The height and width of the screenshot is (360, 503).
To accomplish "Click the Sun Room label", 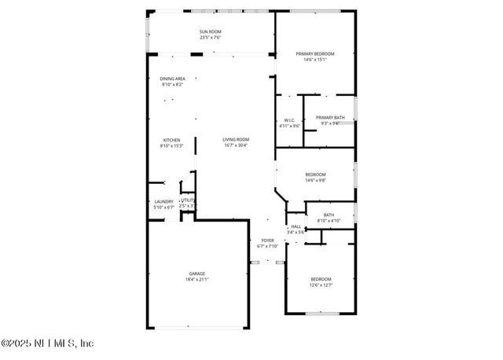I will [x=210, y=31].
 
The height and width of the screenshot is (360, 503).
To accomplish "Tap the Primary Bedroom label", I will [x=314, y=53].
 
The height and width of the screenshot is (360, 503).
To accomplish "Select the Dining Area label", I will [x=172, y=79].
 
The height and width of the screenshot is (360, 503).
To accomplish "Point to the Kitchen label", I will [x=171, y=140].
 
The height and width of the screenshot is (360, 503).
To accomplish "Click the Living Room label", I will [x=235, y=140].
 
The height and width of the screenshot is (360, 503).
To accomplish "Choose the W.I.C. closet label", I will [x=289, y=120].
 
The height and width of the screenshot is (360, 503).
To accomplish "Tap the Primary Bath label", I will [x=330, y=117].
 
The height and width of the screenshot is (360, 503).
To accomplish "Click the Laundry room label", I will [x=163, y=201].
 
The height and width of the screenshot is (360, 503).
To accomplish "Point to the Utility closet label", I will [x=188, y=200].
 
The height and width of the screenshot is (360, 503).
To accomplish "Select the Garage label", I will [x=196, y=274].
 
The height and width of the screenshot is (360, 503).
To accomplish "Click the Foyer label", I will [x=267, y=241].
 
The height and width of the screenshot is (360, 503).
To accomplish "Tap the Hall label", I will [x=296, y=226].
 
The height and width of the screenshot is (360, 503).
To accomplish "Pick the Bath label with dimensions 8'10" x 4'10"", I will [x=329, y=215].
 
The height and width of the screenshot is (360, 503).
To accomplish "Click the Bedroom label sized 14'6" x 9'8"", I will [x=314, y=174].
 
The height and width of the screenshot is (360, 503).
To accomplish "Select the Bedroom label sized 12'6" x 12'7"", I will [x=320, y=279].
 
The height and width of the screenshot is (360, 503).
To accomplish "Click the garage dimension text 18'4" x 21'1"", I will [x=196, y=279].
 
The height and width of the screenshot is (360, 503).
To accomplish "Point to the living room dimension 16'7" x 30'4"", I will [x=235, y=145].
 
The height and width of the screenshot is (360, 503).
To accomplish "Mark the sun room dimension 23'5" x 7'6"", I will [x=210, y=37].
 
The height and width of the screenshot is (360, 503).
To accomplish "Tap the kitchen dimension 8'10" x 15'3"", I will [x=171, y=145].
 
